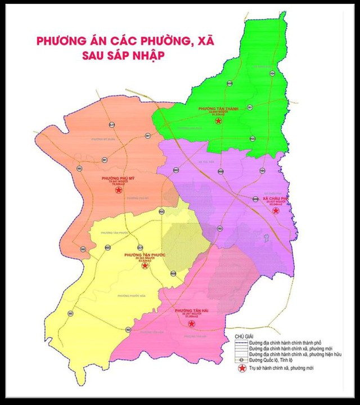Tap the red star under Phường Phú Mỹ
pos(118,191)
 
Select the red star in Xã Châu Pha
pos(276,210)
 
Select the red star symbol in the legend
pos(241,368)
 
